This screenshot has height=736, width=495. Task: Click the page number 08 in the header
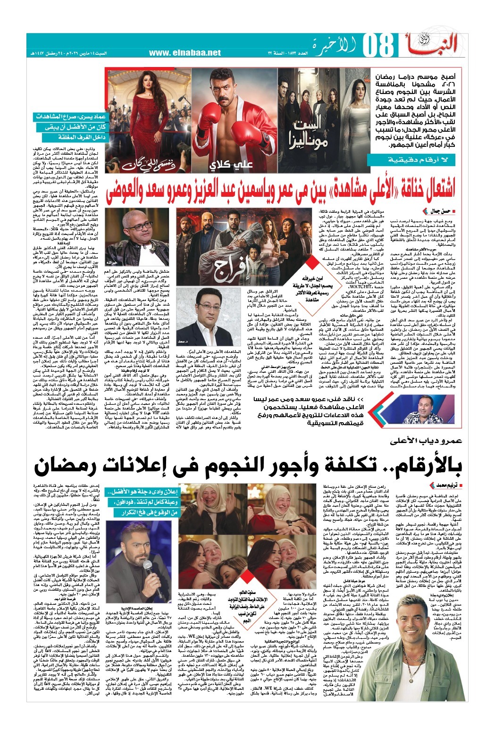point(380,48)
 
